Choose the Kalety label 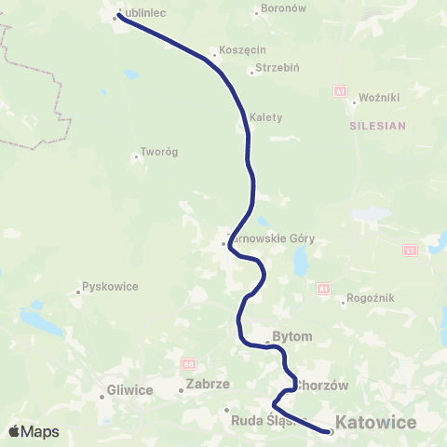(265, 117)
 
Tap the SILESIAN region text (378, 126)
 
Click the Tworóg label (158, 152)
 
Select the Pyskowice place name (110, 286)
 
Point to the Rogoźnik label (371, 298)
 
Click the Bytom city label (292, 336)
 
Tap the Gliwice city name (129, 390)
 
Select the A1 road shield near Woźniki (340, 91)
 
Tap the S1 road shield (410, 250)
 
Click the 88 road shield (189, 363)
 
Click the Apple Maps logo (34, 431)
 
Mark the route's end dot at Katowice (330, 431)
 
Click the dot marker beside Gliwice (102, 397)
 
